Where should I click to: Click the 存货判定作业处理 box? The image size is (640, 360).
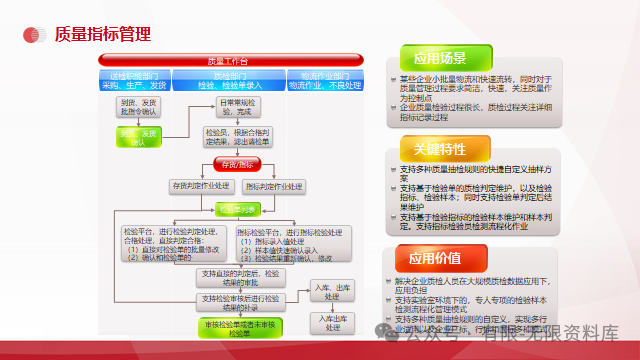click(201, 186)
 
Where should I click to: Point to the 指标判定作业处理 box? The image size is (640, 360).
click(274, 186)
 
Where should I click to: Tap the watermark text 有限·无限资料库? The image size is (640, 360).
click(560, 333)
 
